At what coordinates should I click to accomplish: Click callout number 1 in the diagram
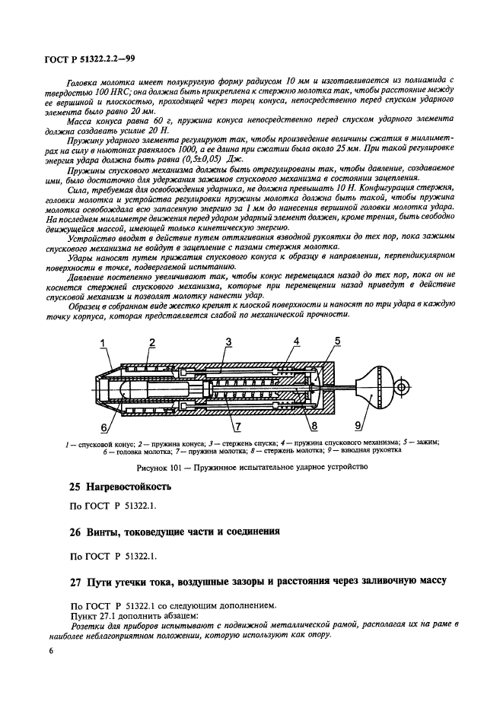coord(103,344)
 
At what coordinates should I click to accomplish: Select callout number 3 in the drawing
coord(229,344)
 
